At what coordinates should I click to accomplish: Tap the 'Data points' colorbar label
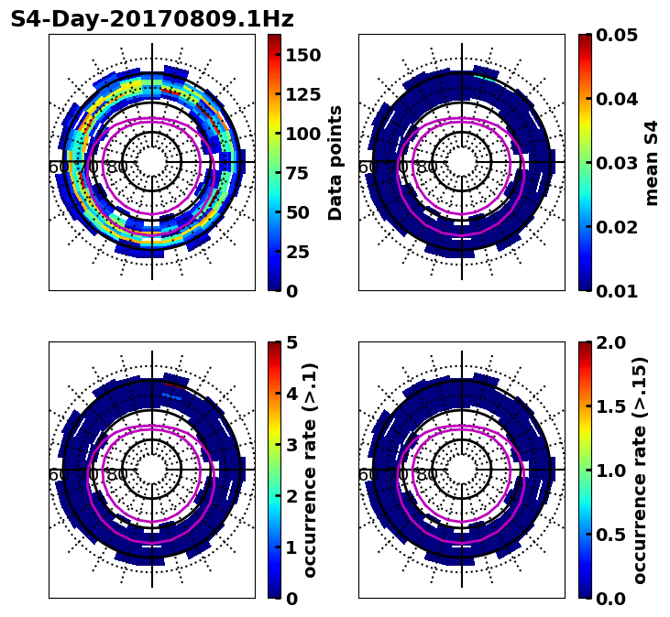[335, 162]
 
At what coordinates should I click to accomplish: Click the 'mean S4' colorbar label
[652, 162]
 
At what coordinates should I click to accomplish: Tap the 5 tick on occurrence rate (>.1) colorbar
[291, 342]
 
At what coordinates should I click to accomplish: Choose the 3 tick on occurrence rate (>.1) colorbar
[291, 445]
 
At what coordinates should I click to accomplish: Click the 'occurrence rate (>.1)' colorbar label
[310, 470]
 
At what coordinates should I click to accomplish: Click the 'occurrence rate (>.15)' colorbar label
[639, 470]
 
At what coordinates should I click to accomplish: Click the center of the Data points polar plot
[152, 162]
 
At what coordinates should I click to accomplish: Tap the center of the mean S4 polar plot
[462, 162]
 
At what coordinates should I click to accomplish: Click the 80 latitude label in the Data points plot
[117, 168]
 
